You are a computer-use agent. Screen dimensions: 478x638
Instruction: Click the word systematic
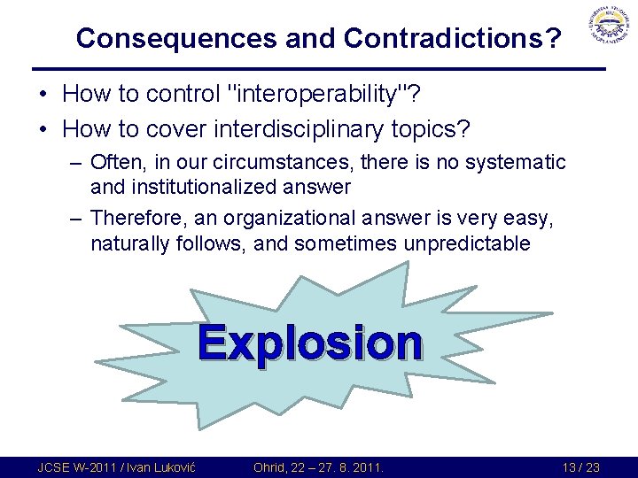tap(517, 163)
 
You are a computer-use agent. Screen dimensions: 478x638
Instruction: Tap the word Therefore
tap(143, 218)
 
